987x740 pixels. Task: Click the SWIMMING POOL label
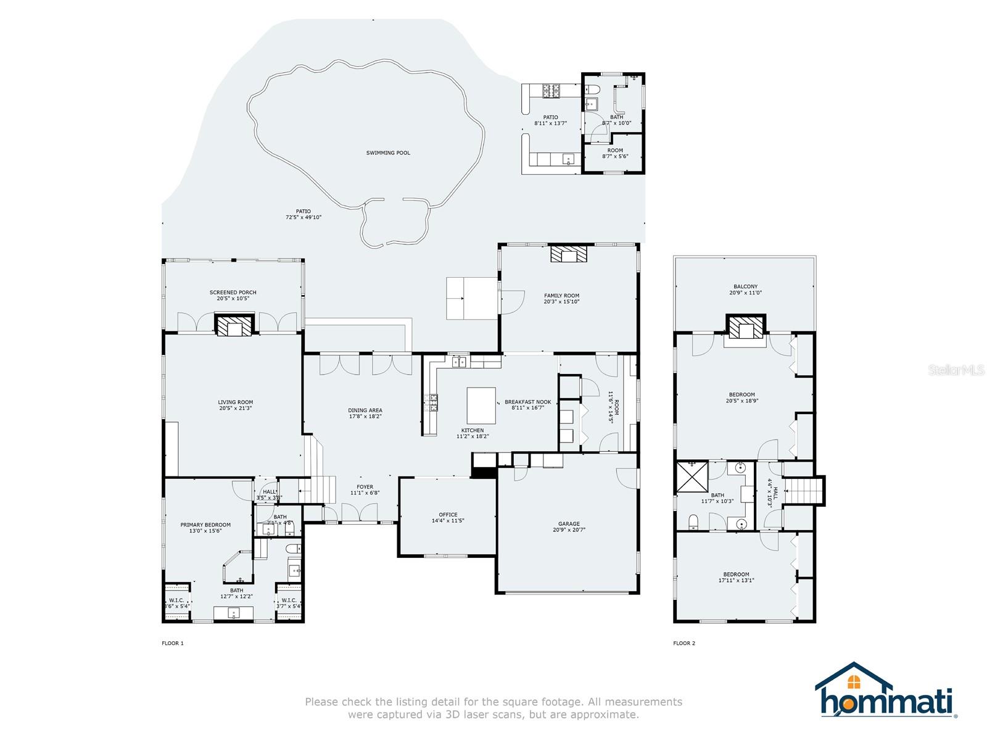pyautogui.click(x=388, y=152)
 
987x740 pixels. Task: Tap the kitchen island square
pyautogui.click(x=481, y=404)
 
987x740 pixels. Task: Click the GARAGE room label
pyautogui.click(x=569, y=524)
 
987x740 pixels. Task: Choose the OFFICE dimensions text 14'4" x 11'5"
pyautogui.click(x=448, y=521)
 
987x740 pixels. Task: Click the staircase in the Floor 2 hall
pyautogui.click(x=803, y=491)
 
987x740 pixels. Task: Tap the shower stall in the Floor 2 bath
pyautogui.click(x=692, y=476)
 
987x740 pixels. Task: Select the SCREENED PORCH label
pyautogui.click(x=233, y=292)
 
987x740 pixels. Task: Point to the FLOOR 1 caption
pyautogui.click(x=173, y=643)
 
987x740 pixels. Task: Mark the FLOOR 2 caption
pyautogui.click(x=684, y=643)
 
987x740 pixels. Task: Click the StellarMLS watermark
pyautogui.click(x=957, y=370)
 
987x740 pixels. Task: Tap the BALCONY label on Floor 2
pyautogui.click(x=745, y=286)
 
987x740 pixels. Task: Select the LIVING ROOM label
pyautogui.click(x=235, y=402)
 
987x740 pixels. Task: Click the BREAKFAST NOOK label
pyautogui.click(x=527, y=402)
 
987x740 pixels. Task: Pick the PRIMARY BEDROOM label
pyautogui.click(x=205, y=525)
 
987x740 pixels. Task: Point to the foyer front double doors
pyautogui.click(x=360, y=512)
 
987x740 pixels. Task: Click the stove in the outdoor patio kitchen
pyautogui.click(x=550, y=91)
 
